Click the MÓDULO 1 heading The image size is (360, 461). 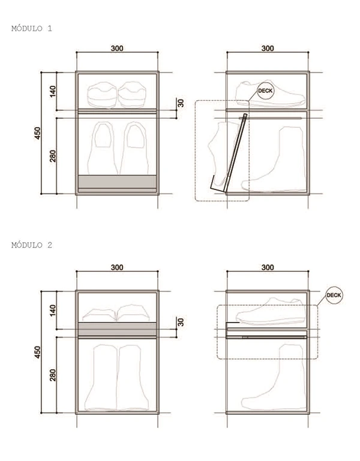(x=32, y=28)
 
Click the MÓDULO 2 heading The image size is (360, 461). (x=32, y=245)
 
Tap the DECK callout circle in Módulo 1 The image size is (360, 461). (x=265, y=91)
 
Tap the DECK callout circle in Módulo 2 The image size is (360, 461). (x=334, y=296)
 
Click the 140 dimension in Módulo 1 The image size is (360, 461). (x=53, y=91)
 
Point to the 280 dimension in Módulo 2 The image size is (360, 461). (x=53, y=375)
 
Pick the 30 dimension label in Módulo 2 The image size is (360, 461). (x=181, y=322)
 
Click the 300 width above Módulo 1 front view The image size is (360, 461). (x=118, y=48)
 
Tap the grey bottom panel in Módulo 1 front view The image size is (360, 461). (x=118, y=181)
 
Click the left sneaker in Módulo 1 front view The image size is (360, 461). (x=103, y=94)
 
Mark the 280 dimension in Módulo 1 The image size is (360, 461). (x=53, y=156)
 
